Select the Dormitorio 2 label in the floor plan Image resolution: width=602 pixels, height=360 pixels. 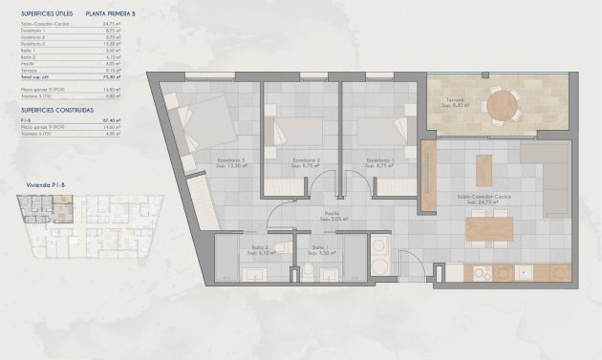pyautogui.click(x=305, y=161)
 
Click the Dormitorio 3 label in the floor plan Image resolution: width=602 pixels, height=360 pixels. pyautogui.click(x=229, y=161)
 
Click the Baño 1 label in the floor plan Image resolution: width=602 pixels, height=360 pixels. pyautogui.click(x=319, y=250)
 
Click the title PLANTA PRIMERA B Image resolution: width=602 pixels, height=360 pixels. pyautogui.click(x=111, y=14)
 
